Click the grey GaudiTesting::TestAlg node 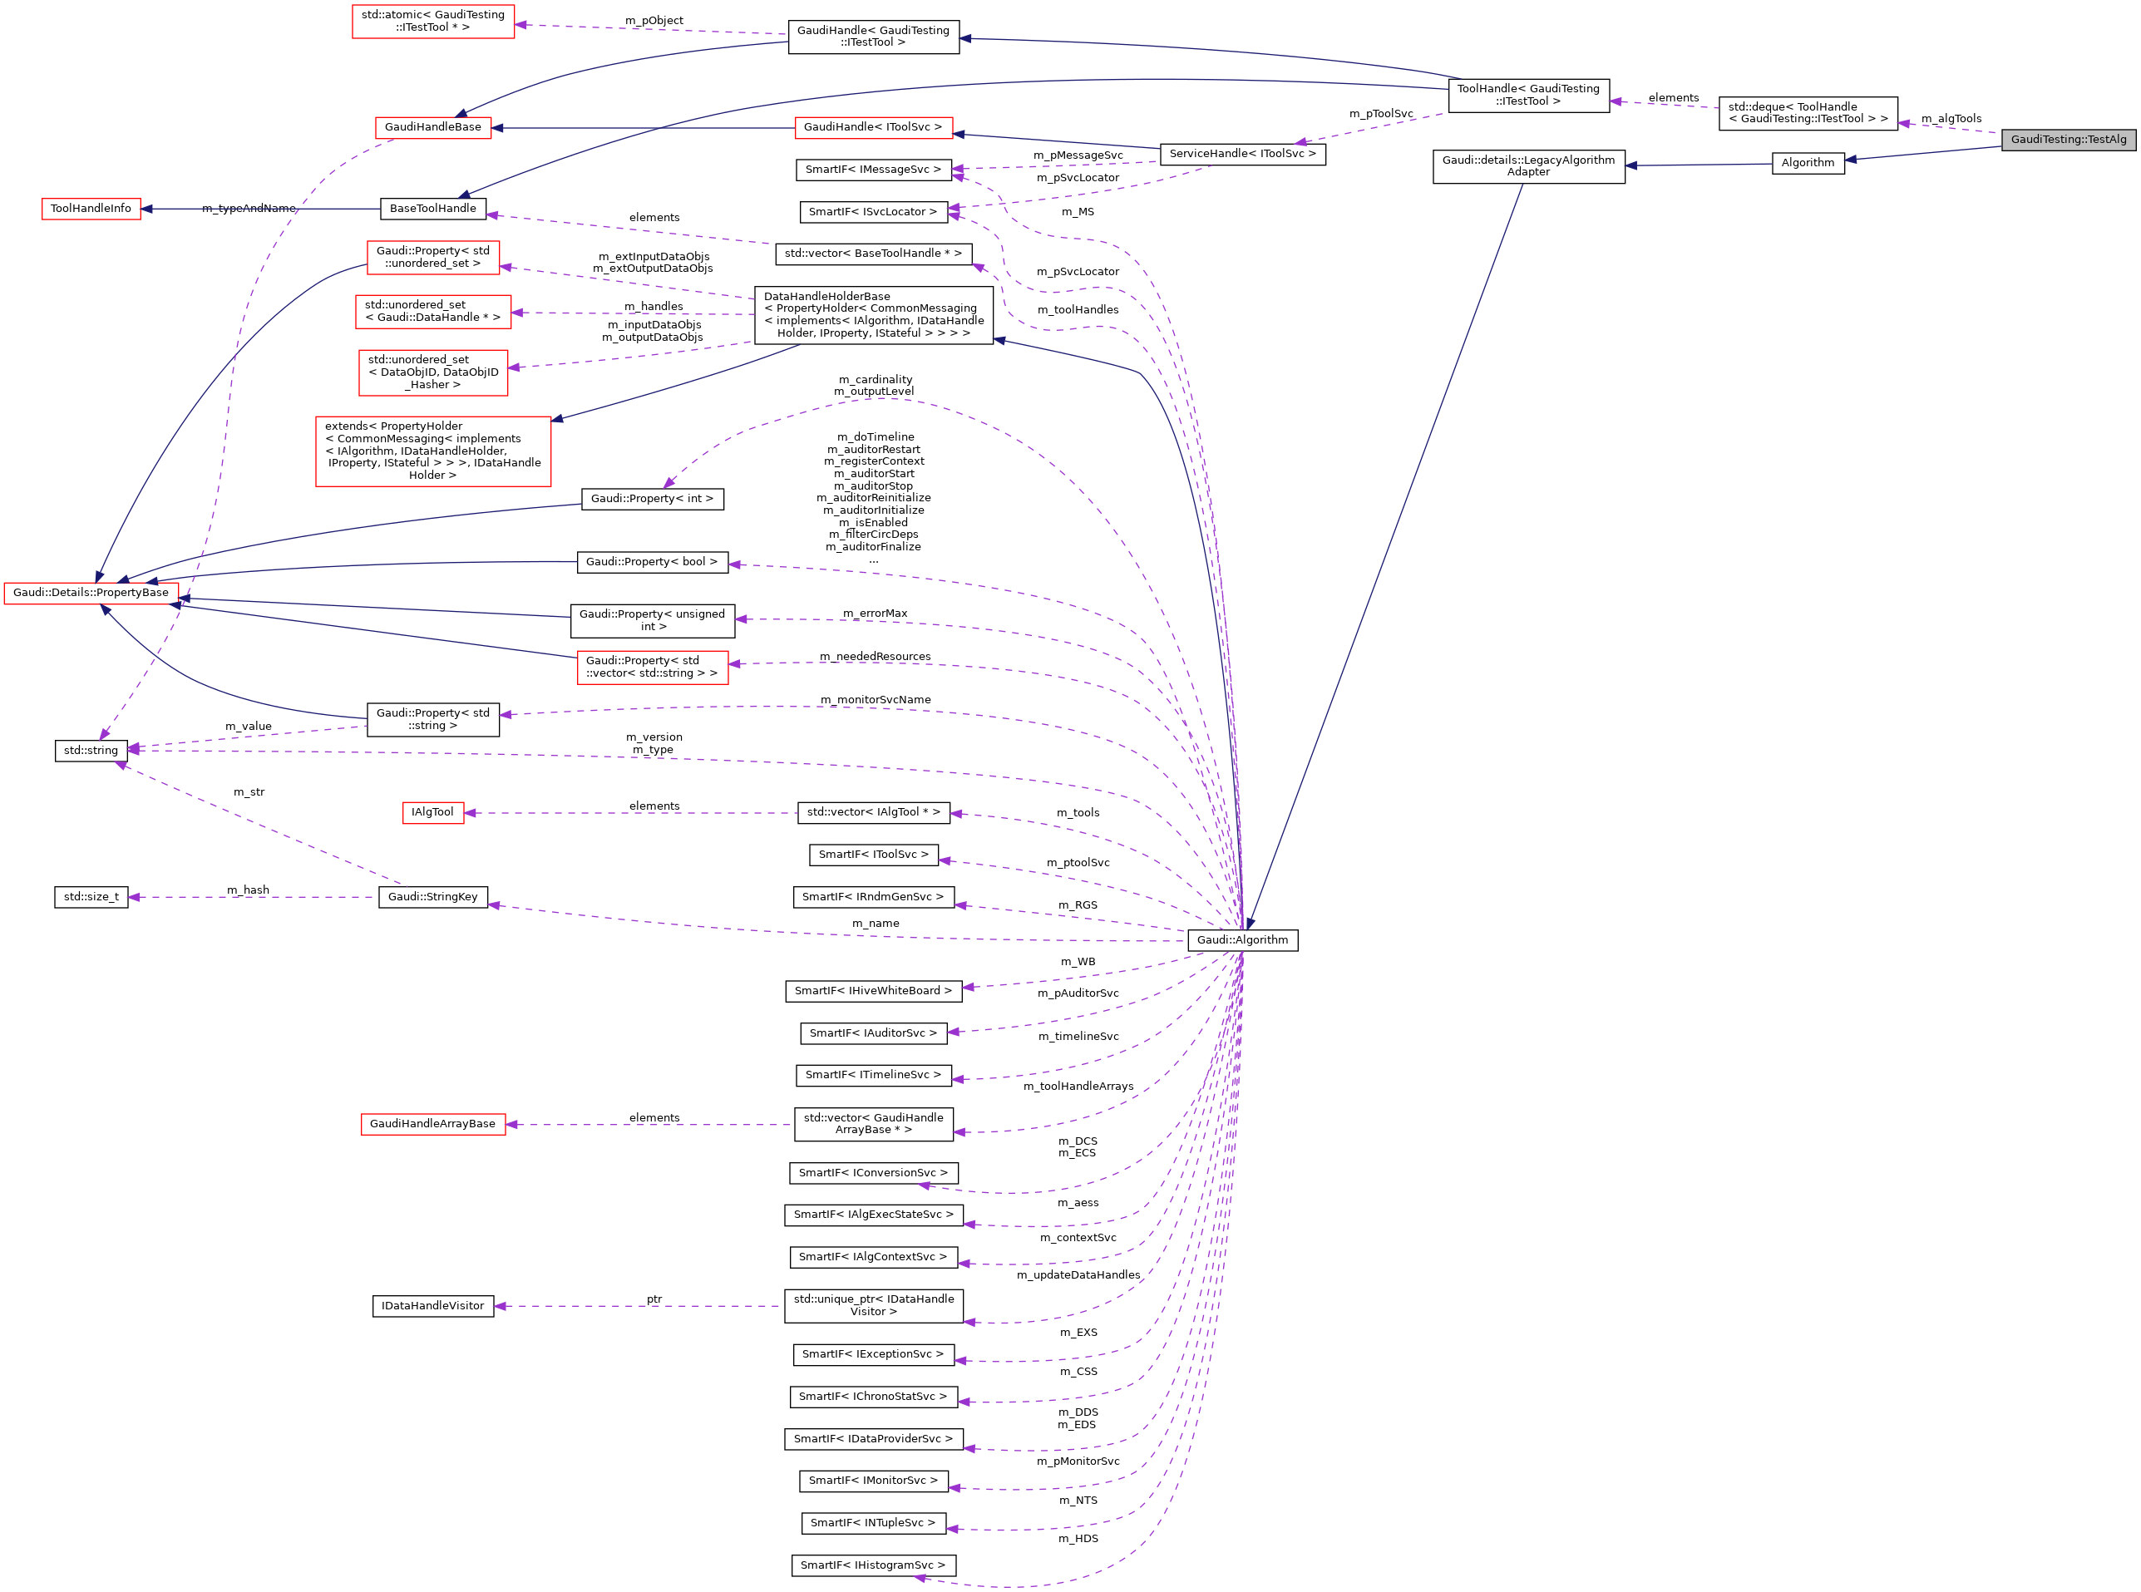pos(2068,140)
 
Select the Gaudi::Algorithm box pos(1242,939)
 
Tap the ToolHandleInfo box pos(91,208)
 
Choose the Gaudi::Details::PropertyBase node pos(91,593)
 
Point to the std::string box pos(91,750)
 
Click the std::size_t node pos(91,897)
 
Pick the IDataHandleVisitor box pos(432,1306)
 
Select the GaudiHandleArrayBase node pos(432,1124)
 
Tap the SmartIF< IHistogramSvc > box pos(872,1565)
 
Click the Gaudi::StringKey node pos(432,897)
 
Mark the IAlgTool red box pos(432,812)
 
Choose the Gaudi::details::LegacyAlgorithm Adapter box pos(1528,165)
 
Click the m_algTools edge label pos(1951,119)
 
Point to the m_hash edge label pos(248,890)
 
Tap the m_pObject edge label pos(654,20)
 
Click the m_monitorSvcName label pos(875,700)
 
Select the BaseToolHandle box pos(432,208)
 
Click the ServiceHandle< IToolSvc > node pos(1242,154)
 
